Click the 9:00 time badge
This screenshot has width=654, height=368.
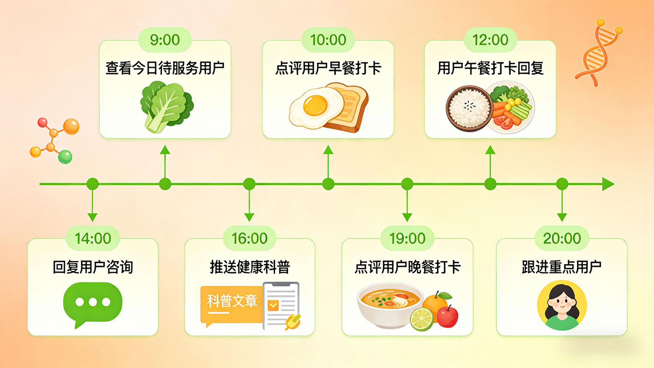(164, 40)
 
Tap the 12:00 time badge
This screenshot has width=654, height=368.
(490, 40)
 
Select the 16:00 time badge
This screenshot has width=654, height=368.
(249, 238)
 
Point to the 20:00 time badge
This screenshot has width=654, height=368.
(562, 238)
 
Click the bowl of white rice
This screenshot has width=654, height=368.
(469, 108)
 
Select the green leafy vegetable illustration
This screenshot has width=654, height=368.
(166, 107)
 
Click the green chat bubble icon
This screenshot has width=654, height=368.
(92, 304)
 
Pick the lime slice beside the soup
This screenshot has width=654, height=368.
(421, 319)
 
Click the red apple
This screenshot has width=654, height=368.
(447, 317)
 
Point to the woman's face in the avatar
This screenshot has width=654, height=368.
(562, 304)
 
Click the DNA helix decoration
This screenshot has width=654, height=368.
(598, 53)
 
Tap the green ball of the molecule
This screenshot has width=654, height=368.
(65, 157)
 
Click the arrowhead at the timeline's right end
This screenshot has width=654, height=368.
(608, 184)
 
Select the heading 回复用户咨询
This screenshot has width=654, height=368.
(93, 267)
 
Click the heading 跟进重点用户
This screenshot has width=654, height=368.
(562, 267)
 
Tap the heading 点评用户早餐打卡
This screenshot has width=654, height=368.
(328, 68)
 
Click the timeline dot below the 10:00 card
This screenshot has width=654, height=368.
(328, 184)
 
